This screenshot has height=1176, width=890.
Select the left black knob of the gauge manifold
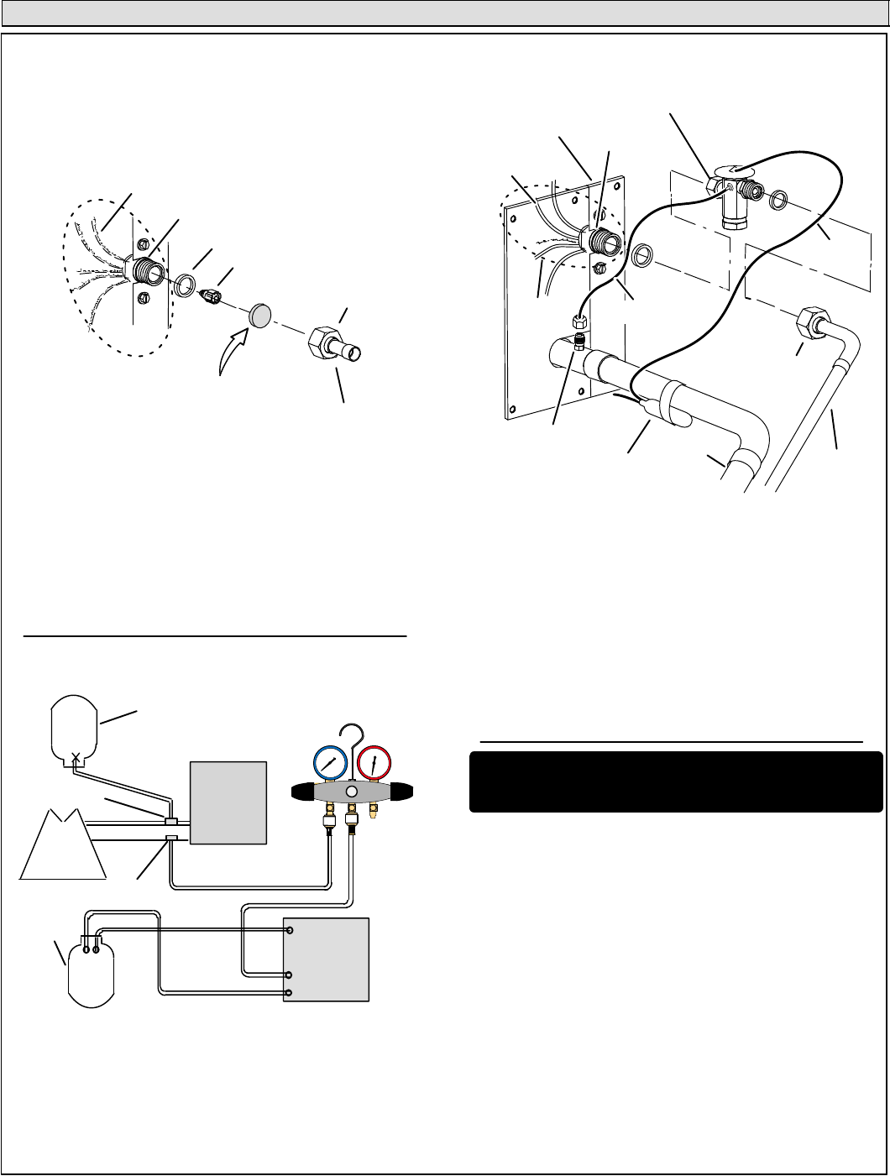303,791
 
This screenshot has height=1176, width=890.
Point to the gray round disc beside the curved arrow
259,316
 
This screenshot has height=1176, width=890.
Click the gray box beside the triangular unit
229,802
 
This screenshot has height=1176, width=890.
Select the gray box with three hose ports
327,959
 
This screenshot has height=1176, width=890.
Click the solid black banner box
675,781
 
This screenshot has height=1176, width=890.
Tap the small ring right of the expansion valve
778,201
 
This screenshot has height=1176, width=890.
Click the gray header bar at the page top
445,13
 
